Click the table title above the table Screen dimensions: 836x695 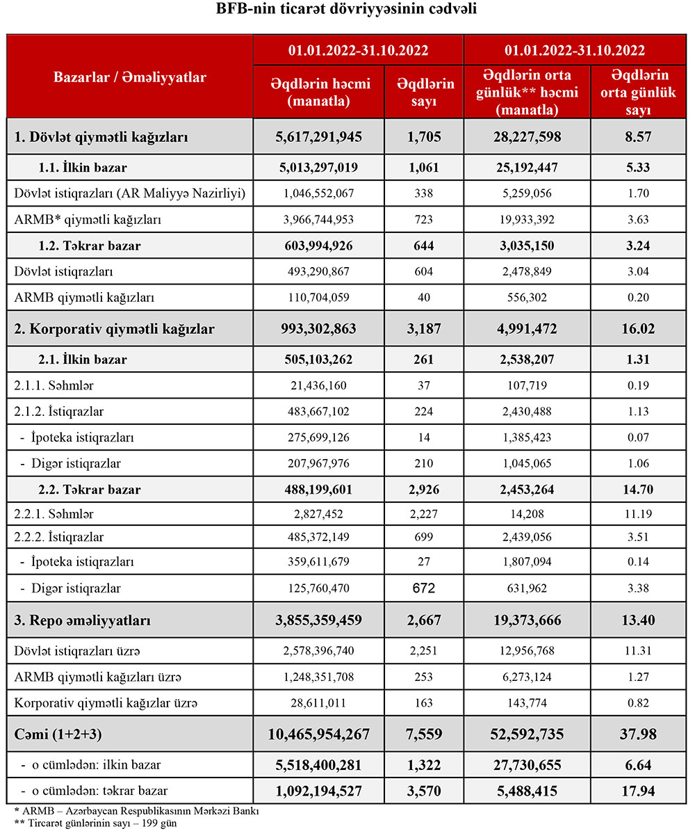click(x=347, y=10)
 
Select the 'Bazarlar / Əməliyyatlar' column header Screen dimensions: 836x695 click(x=129, y=77)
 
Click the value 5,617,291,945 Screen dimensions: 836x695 click(x=319, y=137)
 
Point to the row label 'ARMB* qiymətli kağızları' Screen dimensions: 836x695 click(x=88, y=220)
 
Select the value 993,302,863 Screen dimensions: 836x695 click(x=319, y=329)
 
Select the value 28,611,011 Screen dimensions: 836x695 click(x=319, y=703)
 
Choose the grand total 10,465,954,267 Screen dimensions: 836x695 click(x=319, y=734)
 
